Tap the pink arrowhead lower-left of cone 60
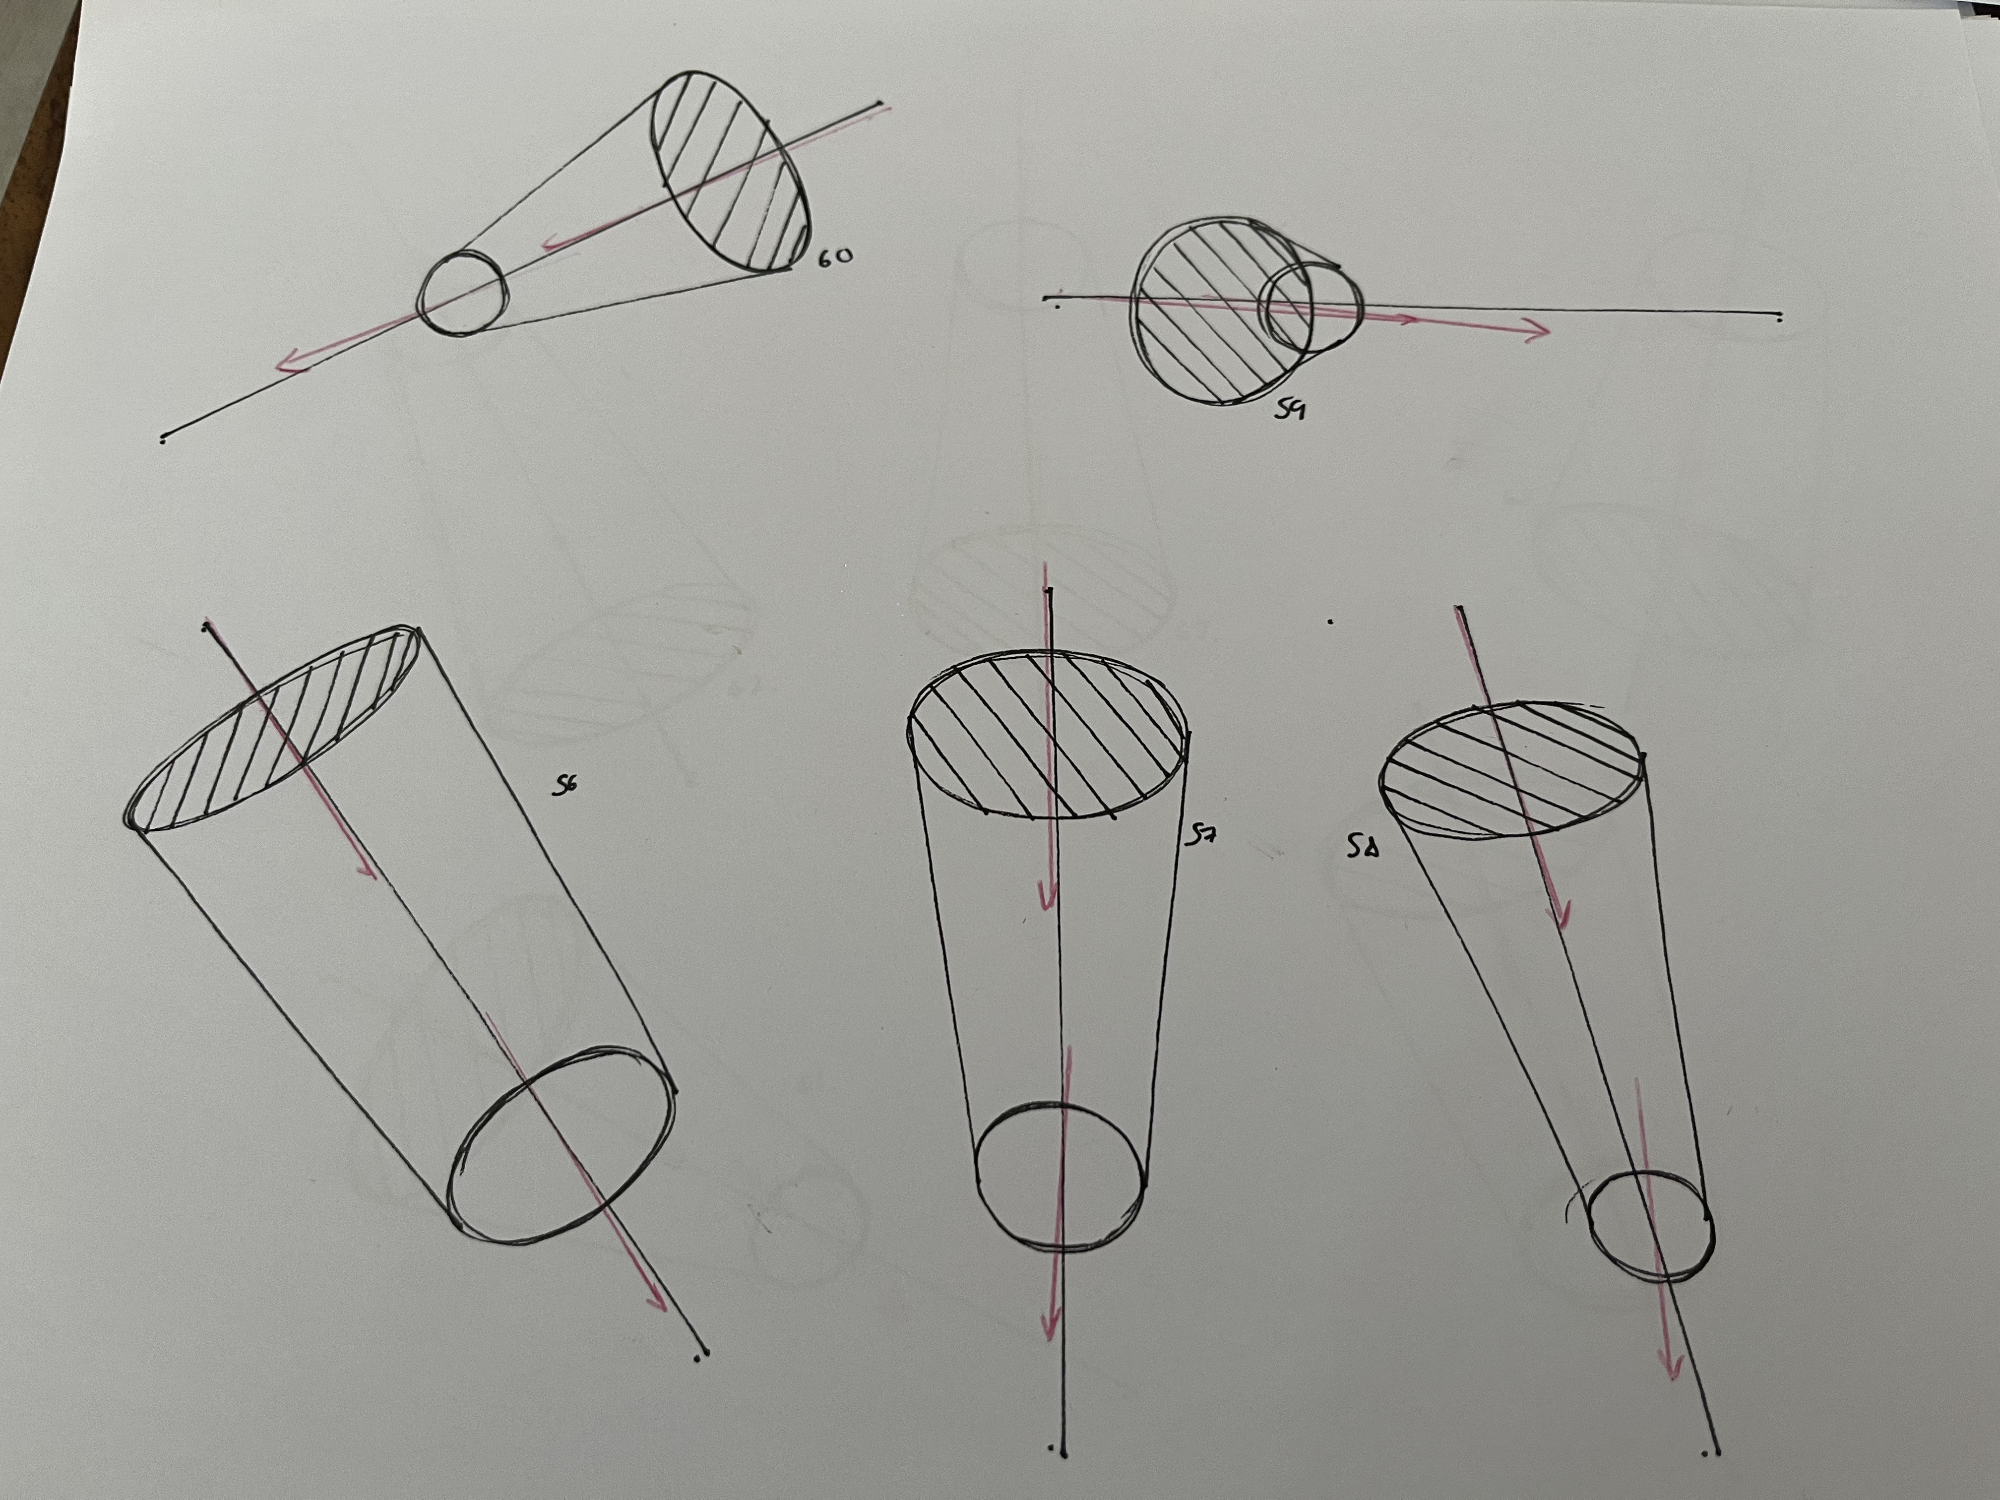[x=291, y=362]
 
